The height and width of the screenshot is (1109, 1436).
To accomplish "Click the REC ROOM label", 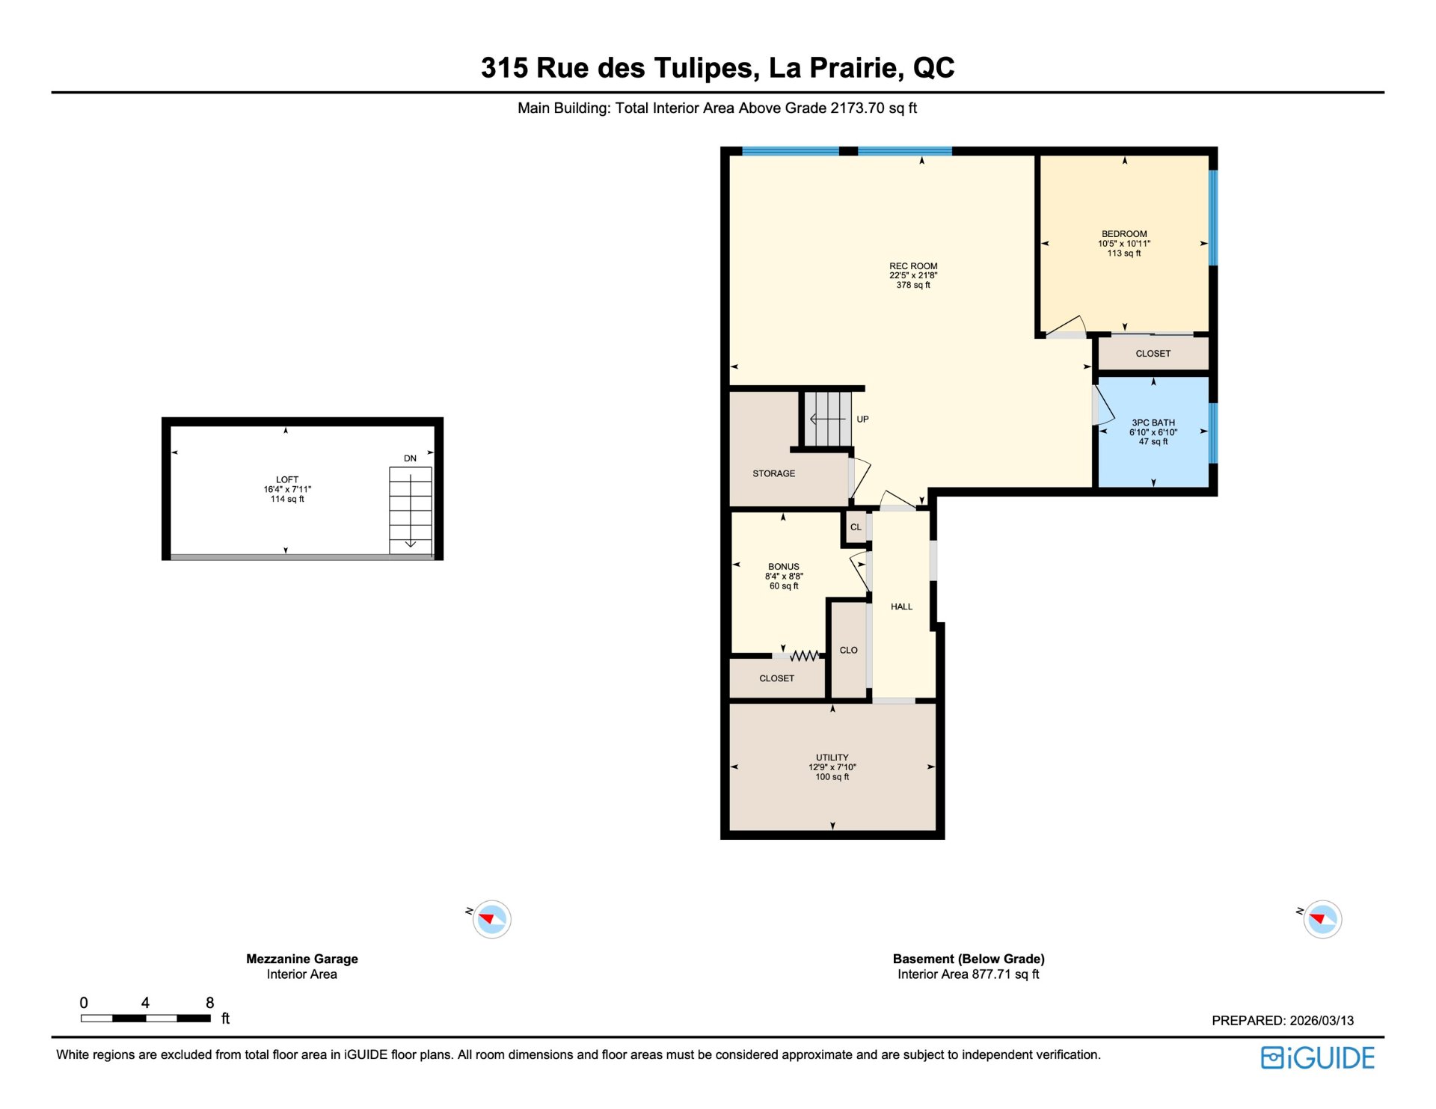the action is pos(913,266).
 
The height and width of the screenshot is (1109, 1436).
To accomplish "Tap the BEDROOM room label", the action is pos(1124,234).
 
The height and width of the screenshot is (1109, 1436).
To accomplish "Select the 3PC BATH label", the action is pos(1153,423).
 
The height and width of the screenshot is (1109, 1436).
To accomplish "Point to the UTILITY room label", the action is pos(832,758).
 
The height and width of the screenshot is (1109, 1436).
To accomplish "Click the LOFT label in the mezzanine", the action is pos(287,480).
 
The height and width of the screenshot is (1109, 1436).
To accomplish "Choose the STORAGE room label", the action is pos(774,473).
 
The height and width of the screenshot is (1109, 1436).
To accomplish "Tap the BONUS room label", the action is pos(784,567).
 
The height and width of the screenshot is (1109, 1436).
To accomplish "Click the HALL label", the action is pos(902,606).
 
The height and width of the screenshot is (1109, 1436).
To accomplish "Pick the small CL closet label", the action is pos(856,527).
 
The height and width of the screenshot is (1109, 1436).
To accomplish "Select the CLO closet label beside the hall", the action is pos(849,650).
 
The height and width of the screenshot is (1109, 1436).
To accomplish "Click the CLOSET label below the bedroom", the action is pos(1153,354).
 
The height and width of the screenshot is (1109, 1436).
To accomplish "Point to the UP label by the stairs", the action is pos(862,420).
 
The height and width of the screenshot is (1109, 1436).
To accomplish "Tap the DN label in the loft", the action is pos(411,458).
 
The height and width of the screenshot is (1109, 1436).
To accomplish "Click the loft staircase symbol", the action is pos(411,511).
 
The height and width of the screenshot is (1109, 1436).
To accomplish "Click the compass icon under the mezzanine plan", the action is pos(491,919).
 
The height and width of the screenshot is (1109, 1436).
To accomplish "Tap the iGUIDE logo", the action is pos(1318,1058).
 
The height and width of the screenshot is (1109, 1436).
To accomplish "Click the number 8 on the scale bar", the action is pos(210,1003).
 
